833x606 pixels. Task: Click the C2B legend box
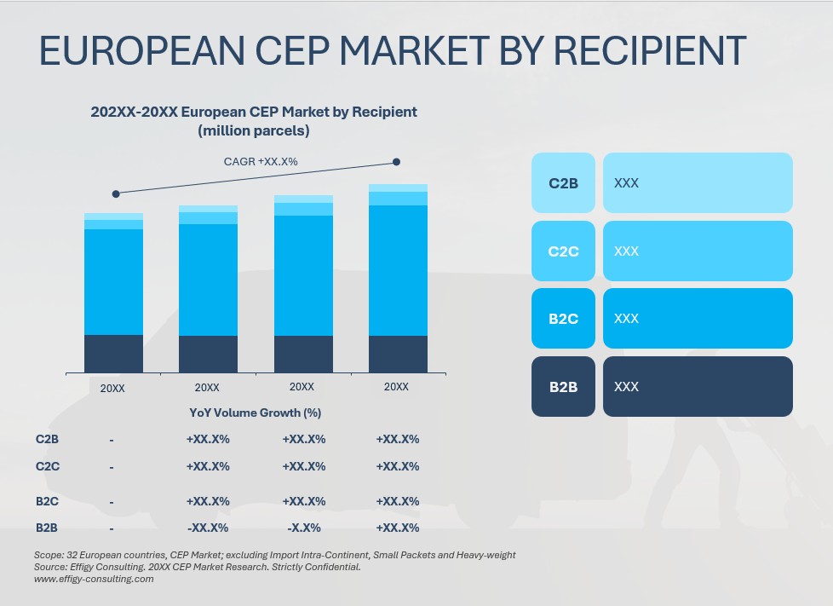pyautogui.click(x=563, y=182)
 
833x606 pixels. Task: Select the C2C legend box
pyautogui.click(x=563, y=251)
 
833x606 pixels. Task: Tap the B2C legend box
pyautogui.click(x=563, y=319)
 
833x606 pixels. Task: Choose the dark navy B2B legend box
pyautogui.click(x=563, y=387)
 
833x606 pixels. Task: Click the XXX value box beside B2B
pyautogui.click(x=698, y=387)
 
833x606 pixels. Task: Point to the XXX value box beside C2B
pyautogui.click(x=698, y=182)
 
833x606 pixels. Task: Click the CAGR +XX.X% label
pyautogui.click(x=261, y=161)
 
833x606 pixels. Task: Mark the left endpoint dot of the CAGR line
pyautogui.click(x=116, y=193)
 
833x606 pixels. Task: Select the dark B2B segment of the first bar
pyautogui.click(x=113, y=353)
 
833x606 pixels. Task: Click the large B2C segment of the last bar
pyautogui.click(x=398, y=270)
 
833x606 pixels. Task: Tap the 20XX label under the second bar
pyautogui.click(x=207, y=388)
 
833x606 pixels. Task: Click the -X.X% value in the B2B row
pyautogui.click(x=303, y=528)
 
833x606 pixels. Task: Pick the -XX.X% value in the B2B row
pyautogui.click(x=207, y=528)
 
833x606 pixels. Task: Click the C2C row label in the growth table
pyautogui.click(x=48, y=466)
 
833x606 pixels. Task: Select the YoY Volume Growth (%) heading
pyautogui.click(x=255, y=413)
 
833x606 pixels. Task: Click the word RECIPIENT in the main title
pyautogui.click(x=648, y=51)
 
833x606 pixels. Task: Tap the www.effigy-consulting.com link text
pyautogui.click(x=94, y=579)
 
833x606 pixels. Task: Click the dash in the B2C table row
pyautogui.click(x=112, y=502)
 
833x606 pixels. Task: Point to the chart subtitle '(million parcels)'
pyautogui.click(x=254, y=131)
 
